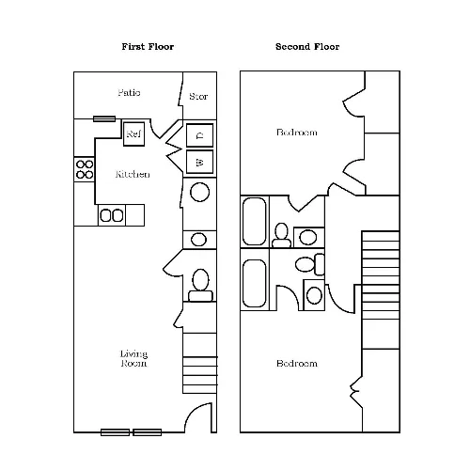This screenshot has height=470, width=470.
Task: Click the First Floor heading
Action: point(148,47)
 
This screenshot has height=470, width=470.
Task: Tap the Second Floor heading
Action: point(307,47)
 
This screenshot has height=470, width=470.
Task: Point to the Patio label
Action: point(129,93)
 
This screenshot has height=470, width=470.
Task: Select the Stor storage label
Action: point(198,96)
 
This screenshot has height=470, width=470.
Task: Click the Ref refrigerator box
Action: point(133,134)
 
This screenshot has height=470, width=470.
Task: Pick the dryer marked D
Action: point(199,135)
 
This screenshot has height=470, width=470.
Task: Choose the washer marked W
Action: point(199,162)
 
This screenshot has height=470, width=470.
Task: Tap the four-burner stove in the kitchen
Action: point(85,169)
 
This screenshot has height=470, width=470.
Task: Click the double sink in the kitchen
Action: point(112,215)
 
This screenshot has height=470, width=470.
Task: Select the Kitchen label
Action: point(133,174)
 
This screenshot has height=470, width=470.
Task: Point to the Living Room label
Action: point(133,358)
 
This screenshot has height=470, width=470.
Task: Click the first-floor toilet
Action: point(200,285)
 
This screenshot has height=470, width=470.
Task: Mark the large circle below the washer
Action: point(199,192)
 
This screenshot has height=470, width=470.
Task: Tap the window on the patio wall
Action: point(104,118)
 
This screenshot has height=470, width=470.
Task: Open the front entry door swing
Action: point(197,415)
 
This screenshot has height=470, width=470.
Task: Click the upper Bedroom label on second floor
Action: point(297,133)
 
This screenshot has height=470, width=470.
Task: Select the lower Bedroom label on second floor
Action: point(297,364)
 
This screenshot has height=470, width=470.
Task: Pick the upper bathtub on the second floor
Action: point(255,221)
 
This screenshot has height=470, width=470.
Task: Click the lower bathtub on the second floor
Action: point(255,283)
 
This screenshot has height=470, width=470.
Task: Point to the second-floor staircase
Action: point(381,290)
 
